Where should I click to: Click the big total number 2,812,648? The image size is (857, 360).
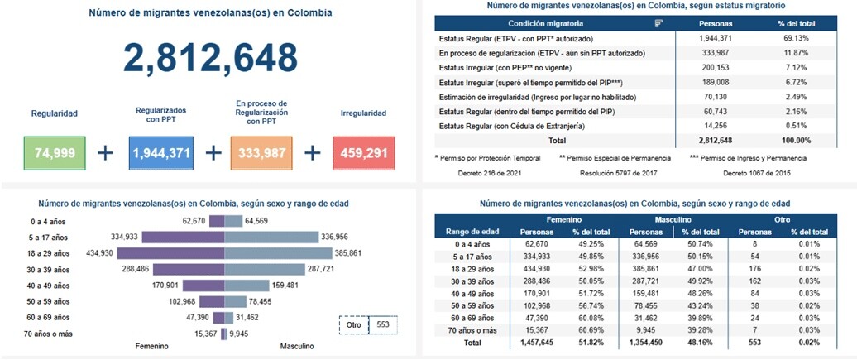pos(210,57)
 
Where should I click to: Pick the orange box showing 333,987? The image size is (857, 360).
pos(261,153)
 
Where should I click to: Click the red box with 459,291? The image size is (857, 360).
pos(364,153)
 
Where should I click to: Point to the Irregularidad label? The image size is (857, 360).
pos(364,113)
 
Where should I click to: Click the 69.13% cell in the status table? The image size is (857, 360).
pos(795,39)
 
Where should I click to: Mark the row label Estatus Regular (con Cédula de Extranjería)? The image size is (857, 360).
pos(519,126)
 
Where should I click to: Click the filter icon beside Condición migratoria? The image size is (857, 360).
pos(659,23)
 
